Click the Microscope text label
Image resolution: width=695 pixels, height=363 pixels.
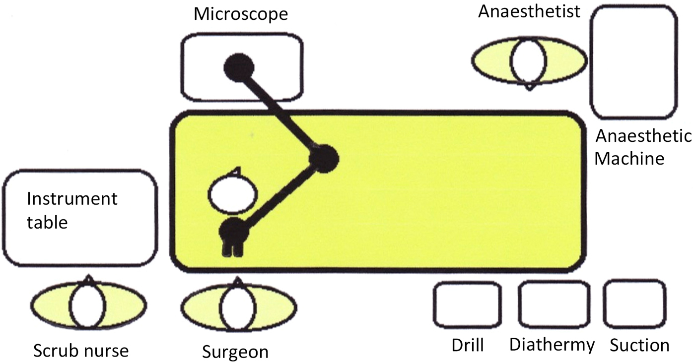click(241, 13)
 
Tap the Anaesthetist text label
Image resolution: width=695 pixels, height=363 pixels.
click(529, 11)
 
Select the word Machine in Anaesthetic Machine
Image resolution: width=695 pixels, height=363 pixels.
click(629, 159)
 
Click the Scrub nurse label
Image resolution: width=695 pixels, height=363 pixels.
click(81, 351)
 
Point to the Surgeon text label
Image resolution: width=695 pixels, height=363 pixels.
click(235, 352)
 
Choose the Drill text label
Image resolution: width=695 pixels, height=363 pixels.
click(468, 345)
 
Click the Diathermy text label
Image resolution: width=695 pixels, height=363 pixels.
click(552, 345)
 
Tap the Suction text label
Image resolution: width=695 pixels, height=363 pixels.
click(639, 345)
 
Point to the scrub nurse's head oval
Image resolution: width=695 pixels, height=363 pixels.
click(88, 306)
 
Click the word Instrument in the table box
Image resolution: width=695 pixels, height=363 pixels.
click(72, 199)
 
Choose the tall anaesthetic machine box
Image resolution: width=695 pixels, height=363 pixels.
click(634, 62)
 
